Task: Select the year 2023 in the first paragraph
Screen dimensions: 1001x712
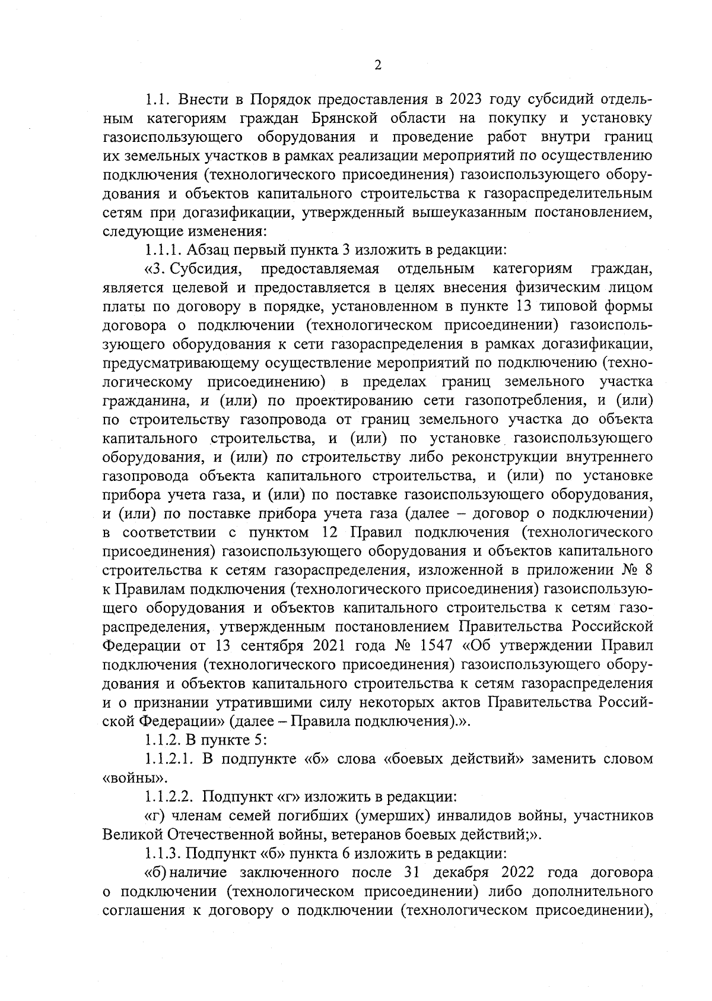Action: (x=469, y=99)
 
